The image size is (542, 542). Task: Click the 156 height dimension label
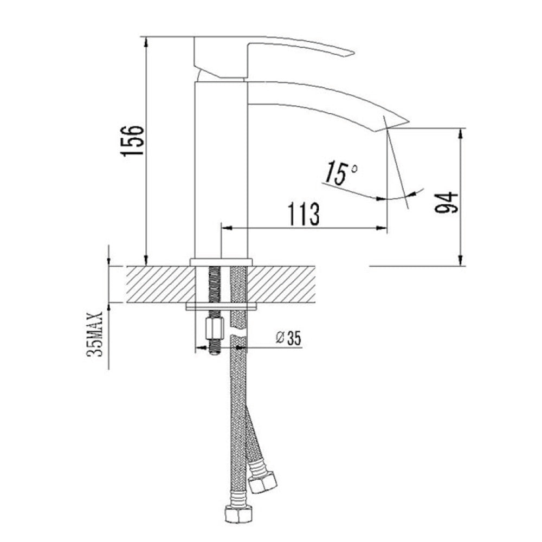point(132,140)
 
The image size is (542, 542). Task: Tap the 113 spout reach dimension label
point(304,214)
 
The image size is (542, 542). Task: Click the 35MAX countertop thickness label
point(95,334)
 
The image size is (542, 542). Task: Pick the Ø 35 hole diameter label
point(288,338)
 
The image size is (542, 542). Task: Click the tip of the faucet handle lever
point(353,53)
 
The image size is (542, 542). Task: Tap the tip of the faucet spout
point(408,121)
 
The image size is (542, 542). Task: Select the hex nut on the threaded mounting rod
point(215,330)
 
